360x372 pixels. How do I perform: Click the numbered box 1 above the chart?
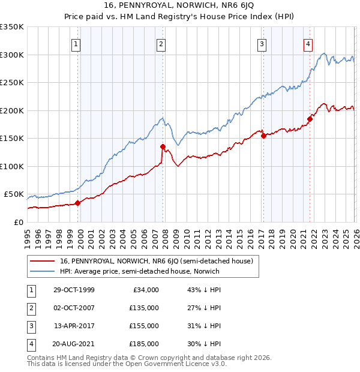77,43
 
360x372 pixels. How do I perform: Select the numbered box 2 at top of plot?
161,43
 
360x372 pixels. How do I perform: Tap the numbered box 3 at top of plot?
262,43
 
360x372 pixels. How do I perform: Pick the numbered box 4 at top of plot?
307,43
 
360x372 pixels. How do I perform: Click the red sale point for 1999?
78,203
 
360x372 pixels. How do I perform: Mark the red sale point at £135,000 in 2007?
163,146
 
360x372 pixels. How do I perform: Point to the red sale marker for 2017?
263,136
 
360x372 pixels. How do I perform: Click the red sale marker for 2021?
310,119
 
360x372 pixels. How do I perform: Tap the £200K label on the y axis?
12,110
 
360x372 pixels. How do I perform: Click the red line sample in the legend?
43,261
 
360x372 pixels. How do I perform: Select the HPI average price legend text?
140,271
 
